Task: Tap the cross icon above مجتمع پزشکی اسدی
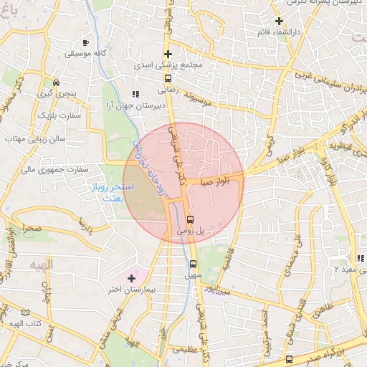(x=168, y=54)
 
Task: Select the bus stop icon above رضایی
(x=168, y=79)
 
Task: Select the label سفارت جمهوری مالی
(x=54, y=170)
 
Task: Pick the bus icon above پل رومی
(x=189, y=219)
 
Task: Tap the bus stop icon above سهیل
(x=193, y=262)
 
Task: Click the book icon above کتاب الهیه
(x=26, y=313)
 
